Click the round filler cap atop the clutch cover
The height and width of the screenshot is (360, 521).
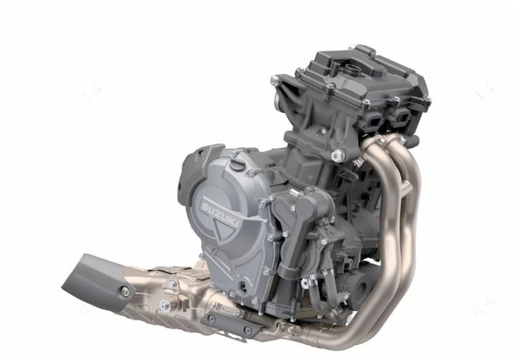coord(235,164)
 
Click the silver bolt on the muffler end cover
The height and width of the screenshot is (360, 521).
coord(126,291)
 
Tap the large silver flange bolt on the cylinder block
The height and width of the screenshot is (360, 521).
coord(338,156)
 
